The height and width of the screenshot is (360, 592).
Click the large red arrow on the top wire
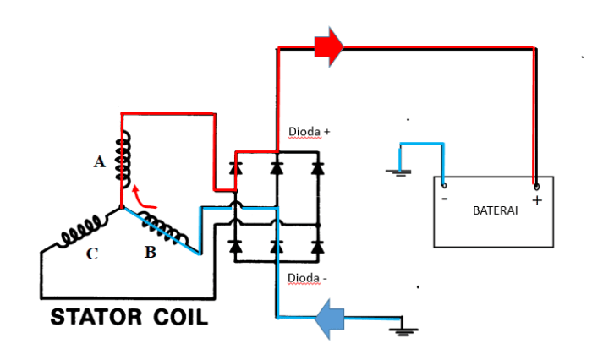point(328,48)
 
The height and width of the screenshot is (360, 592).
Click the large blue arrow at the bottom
point(331,319)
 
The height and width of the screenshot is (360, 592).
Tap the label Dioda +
point(310,133)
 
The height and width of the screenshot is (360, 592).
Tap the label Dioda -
point(308,278)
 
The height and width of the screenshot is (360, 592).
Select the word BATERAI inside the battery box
point(494,210)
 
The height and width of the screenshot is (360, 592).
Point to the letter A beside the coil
point(100,163)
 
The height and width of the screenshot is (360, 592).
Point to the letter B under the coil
point(150,251)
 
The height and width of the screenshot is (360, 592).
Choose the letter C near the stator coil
point(93,251)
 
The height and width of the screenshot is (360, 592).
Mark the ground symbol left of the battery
point(397,172)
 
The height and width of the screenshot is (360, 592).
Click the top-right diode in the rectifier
point(317,167)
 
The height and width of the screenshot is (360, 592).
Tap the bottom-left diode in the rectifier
point(236,246)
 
